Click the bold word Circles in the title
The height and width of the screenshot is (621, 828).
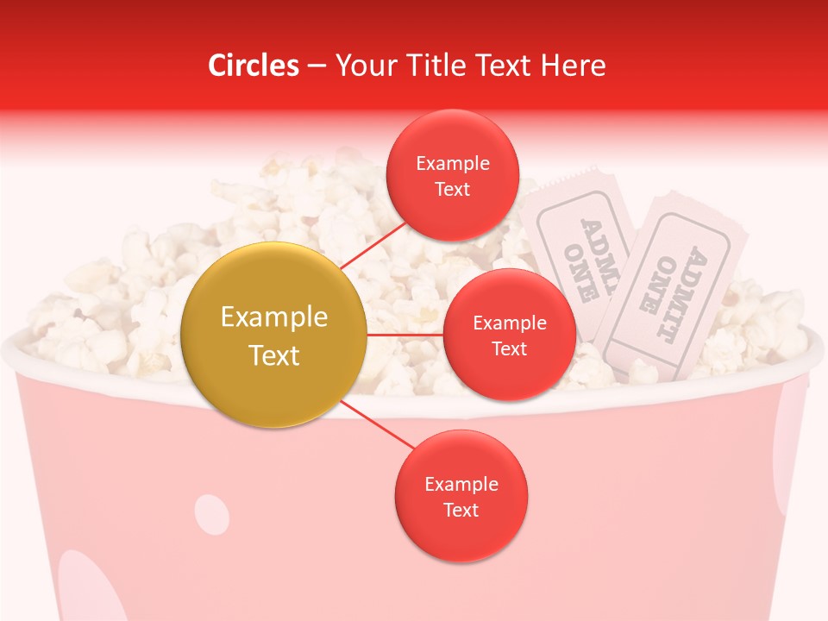point(254,66)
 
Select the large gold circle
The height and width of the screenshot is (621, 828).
point(274,335)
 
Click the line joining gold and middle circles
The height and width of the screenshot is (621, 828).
point(405,334)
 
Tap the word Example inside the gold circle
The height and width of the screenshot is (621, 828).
point(274,317)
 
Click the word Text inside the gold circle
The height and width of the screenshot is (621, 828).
point(274,355)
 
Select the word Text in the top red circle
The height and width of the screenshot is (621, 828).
point(452,190)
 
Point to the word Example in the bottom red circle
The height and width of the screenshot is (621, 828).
point(461,485)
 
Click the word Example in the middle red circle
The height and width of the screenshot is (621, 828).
point(509,323)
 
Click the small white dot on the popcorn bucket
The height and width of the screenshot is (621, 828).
point(211,514)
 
